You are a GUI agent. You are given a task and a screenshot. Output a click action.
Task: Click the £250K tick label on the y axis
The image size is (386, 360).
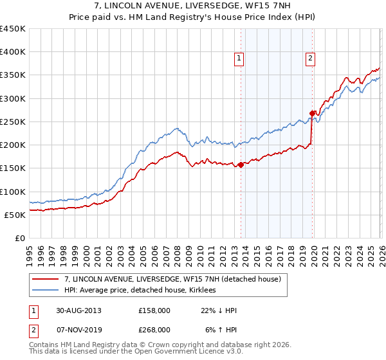13,122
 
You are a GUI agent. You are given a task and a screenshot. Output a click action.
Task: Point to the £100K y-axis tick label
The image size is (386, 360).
13,192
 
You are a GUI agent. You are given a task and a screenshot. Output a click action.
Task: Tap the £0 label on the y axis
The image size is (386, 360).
20,238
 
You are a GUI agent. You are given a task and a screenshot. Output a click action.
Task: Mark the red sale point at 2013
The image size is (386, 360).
241,165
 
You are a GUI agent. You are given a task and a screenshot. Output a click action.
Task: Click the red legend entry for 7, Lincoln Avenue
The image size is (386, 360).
172,280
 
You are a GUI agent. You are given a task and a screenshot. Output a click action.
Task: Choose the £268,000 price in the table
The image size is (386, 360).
154,329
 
